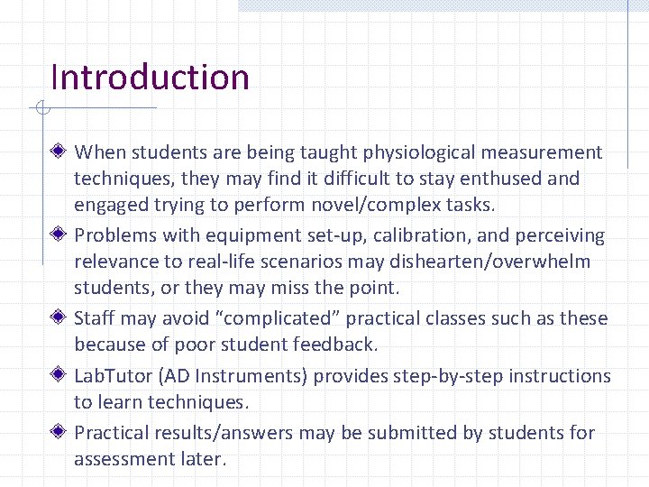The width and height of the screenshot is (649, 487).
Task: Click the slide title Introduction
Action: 150,78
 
